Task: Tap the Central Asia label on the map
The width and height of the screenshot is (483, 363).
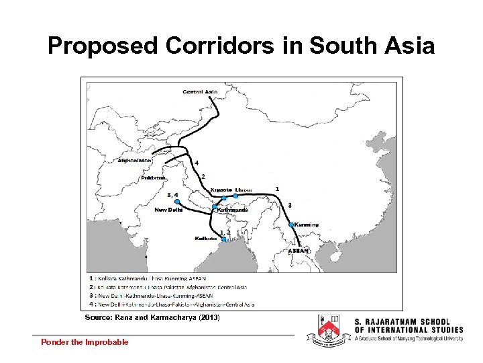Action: [200, 91]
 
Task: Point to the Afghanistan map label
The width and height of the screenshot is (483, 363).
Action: [135, 160]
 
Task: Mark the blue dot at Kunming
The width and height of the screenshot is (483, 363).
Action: [291, 224]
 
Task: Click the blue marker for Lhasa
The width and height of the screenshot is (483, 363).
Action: [235, 196]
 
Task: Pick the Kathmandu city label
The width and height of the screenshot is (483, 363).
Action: [233, 210]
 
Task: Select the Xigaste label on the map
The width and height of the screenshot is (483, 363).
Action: [221, 190]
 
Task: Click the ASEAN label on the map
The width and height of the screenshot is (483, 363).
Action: [299, 251]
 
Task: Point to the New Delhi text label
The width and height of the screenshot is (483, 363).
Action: [168, 210]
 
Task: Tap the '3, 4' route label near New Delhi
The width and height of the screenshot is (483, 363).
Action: [172, 194]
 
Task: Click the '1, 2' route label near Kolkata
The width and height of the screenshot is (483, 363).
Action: [225, 232]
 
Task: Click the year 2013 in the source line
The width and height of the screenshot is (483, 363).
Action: [208, 317]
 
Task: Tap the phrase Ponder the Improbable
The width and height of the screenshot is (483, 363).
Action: [85, 342]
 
